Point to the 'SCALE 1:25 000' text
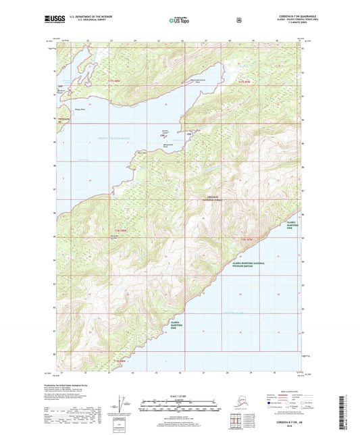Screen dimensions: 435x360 [179, 395]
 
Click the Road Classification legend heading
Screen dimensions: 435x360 [276, 391]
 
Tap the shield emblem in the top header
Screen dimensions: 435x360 [238, 21]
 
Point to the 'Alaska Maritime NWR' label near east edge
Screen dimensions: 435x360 [292, 224]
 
